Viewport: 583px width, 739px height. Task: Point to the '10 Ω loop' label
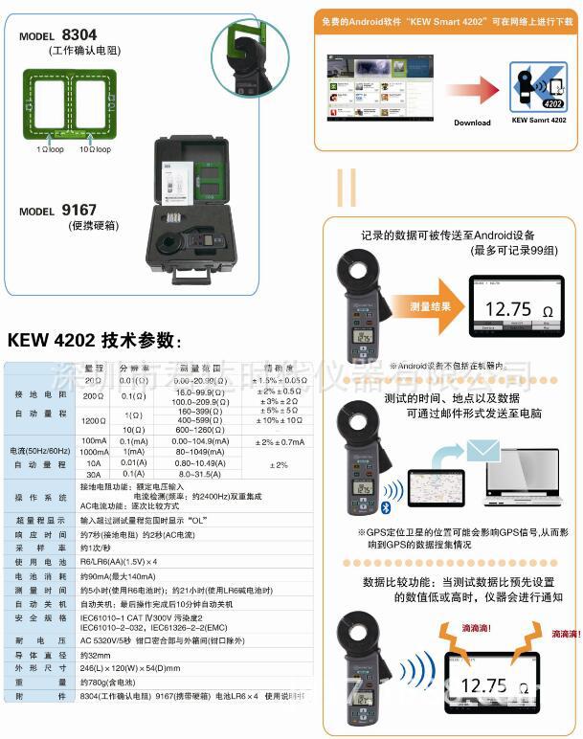click(x=95, y=149)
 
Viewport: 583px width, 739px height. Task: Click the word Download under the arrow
click(x=472, y=123)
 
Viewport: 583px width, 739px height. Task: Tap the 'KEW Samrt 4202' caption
click(x=539, y=122)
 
